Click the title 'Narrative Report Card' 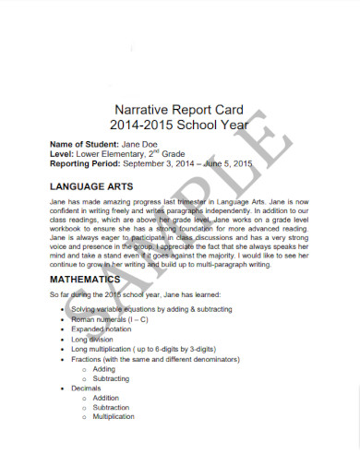click(181, 106)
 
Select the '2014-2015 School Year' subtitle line click(181, 123)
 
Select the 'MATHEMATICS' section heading click(85, 278)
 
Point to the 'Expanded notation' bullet click(104, 328)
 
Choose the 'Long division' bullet click(94, 339)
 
